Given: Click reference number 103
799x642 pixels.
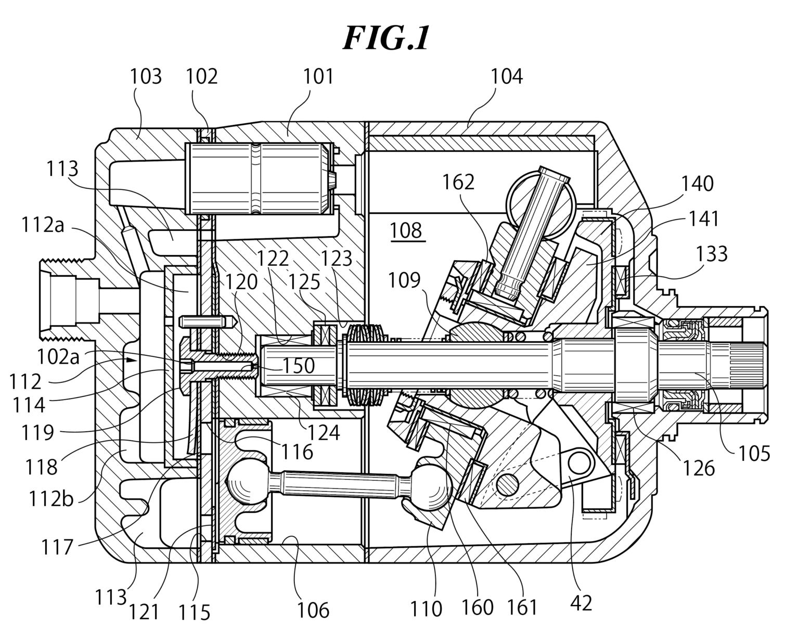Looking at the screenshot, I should point(146,76).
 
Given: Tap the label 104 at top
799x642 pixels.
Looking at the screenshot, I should point(507,76).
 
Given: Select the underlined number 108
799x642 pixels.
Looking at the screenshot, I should point(406,230).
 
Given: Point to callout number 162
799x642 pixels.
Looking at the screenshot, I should point(458,182).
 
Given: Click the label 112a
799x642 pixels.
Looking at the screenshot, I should point(43,225).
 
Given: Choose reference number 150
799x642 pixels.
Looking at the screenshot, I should point(299,366).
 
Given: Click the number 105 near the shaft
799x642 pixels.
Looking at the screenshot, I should point(754,453).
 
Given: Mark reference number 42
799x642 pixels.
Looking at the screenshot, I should point(581,604).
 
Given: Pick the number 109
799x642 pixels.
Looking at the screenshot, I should point(404,280).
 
